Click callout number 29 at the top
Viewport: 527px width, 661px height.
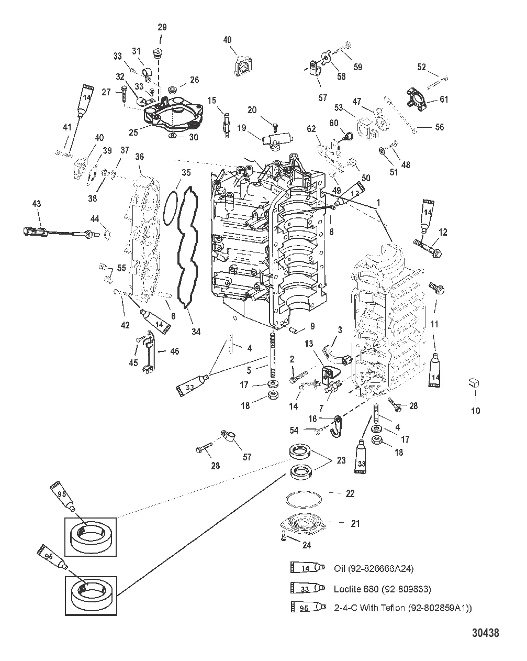click(x=161, y=27)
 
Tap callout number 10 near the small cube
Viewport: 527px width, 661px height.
click(x=475, y=411)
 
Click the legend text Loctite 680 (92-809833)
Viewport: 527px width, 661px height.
click(x=382, y=589)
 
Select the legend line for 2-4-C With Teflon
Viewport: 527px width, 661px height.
click(x=403, y=608)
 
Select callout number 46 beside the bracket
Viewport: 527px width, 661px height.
click(x=174, y=351)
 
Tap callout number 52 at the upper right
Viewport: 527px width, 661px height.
click(x=422, y=67)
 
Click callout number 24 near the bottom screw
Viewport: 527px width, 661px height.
click(x=306, y=545)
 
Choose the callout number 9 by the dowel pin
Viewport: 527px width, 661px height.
click(x=312, y=326)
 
